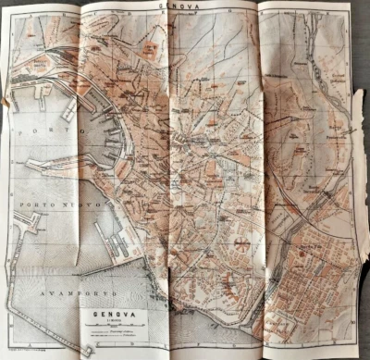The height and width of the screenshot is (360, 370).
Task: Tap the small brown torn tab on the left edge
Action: click(11, 103)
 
